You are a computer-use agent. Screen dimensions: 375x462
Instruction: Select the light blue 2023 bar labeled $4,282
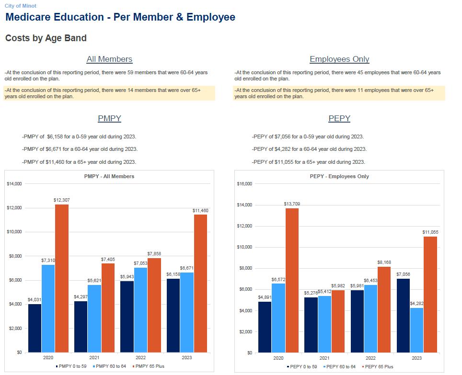416,330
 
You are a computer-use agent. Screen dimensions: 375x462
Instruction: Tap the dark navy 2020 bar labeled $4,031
35,328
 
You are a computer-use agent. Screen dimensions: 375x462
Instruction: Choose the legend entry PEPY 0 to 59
302,367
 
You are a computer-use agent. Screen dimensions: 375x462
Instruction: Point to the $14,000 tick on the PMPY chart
14,184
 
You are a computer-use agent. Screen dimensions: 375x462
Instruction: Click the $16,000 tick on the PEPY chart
244,184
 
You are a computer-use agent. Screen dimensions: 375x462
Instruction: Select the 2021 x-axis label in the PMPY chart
94,358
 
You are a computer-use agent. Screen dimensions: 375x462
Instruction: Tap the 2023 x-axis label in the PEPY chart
416,358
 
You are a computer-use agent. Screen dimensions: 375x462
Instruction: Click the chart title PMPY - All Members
109,176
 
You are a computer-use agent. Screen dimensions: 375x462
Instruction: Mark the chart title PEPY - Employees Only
339,176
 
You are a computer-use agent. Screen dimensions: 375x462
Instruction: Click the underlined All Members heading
109,59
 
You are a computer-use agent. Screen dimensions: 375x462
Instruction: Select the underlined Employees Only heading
339,59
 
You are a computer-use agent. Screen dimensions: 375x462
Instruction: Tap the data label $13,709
291,204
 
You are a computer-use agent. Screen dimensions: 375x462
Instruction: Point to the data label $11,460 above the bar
200,211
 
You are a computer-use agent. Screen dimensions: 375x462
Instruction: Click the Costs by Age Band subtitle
46,38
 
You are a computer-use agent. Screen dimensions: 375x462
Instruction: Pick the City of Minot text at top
21,6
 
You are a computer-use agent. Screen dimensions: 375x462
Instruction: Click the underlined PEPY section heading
339,118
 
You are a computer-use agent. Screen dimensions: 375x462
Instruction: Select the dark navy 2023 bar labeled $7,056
403,315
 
